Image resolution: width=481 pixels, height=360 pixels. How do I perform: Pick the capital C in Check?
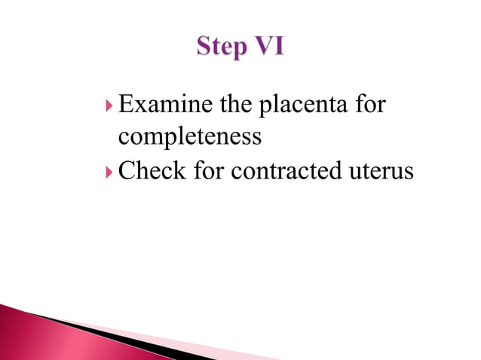click(x=127, y=171)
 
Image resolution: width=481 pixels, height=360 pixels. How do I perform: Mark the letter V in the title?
click(x=265, y=47)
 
